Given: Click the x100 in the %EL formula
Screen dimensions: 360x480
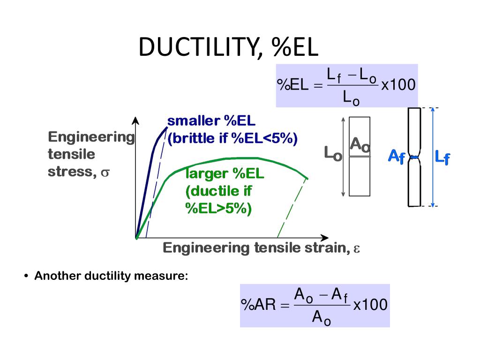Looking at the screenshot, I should pos(398,85).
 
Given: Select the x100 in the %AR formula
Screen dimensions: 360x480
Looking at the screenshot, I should pos(370,305).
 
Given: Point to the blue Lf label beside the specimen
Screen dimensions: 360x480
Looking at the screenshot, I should pos(442,157).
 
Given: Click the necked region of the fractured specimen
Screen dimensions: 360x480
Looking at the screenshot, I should pos(414,157).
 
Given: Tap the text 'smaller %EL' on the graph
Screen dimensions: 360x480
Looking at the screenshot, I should pos(211,121).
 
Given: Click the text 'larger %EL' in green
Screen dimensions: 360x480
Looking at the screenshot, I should pos(225,174).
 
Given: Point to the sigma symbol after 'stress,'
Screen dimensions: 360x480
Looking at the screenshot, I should pos(105,172).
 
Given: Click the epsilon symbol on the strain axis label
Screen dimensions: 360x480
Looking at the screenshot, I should pos(356,248).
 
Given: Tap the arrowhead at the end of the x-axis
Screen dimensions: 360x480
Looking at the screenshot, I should pos(324,238).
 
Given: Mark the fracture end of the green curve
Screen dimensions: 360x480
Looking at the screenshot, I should pos(307,178).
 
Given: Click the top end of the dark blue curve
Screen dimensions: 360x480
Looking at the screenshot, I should pos(167,127).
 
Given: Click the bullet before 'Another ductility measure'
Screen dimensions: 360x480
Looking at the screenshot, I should pos(27,276).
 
